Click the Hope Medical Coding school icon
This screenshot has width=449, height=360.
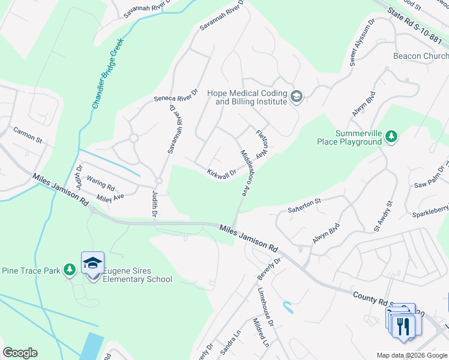297,97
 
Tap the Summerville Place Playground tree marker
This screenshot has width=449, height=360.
391,137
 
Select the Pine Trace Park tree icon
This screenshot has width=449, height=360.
70,271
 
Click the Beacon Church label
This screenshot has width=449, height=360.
420,56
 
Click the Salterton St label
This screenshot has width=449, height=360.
305,206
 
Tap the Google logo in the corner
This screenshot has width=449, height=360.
20,353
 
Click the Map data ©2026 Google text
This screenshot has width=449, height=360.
411,355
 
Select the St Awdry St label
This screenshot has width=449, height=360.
382,217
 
